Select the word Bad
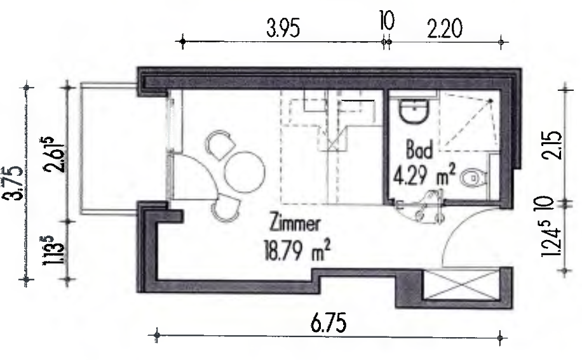tap(420, 151)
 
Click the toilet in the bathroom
tap(473, 178)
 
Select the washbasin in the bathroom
tap(414, 112)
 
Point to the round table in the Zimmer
tap(245, 170)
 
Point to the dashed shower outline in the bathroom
tap(468, 123)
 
